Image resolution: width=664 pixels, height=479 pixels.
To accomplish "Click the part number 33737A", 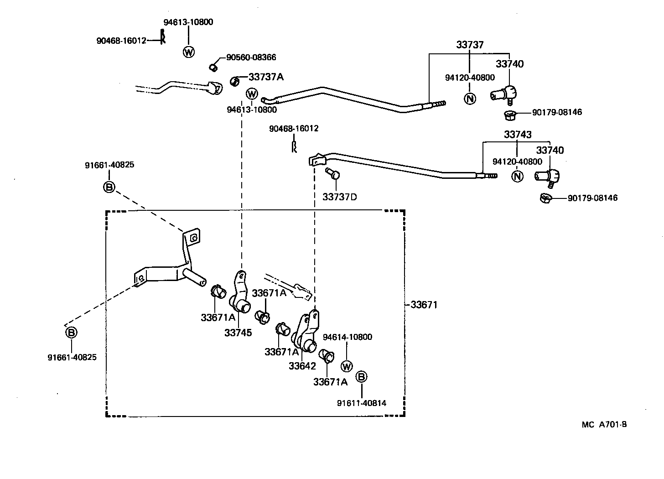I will pos(265,77).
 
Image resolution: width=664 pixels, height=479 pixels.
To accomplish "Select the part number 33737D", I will pos(339,197).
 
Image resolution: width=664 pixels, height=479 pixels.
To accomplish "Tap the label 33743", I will pos(518,135).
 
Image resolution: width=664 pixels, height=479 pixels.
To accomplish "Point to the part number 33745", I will pos(238,333).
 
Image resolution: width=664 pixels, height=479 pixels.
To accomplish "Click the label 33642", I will pos(302,366).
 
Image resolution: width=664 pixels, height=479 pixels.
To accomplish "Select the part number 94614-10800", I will pos(347,337).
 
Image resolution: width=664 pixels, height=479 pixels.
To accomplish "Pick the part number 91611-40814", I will pos(362,403).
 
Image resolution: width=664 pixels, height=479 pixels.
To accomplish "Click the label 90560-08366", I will pos(251,57).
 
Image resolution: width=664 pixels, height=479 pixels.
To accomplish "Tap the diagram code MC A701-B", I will pos(604,424).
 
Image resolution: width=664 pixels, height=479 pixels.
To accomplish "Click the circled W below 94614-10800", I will pos(347,366).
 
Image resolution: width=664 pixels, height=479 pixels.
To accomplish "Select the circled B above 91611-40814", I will pos(361,377).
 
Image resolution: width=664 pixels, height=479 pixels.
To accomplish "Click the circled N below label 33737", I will pos(469,98).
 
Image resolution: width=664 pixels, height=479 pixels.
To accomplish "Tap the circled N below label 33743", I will pos(517,176).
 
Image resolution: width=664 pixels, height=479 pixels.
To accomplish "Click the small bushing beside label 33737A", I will pos(235,81).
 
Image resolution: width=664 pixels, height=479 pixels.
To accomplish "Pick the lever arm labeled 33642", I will pos(306,333).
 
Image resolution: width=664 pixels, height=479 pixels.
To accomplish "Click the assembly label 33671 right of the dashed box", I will pos(424,305).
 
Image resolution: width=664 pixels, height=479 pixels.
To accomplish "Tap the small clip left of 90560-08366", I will pos(213,68).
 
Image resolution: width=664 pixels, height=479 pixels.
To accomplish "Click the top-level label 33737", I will pos(470,45).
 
